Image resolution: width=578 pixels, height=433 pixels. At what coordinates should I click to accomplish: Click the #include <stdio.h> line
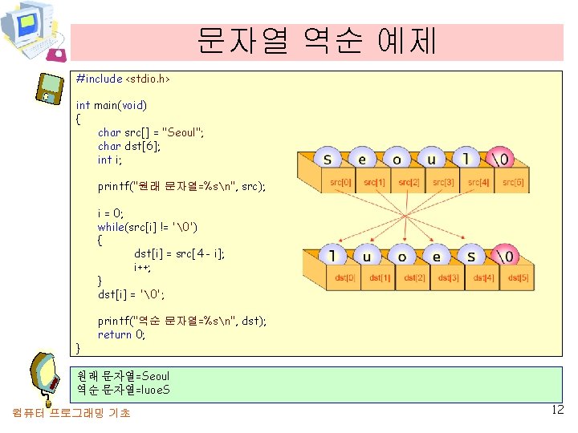[x=122, y=79]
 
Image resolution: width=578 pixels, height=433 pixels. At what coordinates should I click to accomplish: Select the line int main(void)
[x=112, y=105]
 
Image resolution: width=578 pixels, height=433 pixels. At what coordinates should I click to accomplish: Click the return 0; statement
[x=122, y=334]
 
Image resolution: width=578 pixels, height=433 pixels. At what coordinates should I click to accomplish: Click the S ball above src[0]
[x=328, y=158]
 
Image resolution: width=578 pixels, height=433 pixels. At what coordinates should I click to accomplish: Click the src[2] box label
[x=409, y=183]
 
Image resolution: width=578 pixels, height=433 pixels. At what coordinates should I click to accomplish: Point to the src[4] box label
[x=479, y=183]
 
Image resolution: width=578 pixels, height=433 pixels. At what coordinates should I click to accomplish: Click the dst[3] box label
[x=449, y=278]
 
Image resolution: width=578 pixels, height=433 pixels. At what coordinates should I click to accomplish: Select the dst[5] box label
[x=518, y=278]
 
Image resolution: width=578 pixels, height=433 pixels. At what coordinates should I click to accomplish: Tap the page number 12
[x=558, y=411]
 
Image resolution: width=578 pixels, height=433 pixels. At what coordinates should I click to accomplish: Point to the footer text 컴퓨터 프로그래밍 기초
[x=71, y=413]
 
